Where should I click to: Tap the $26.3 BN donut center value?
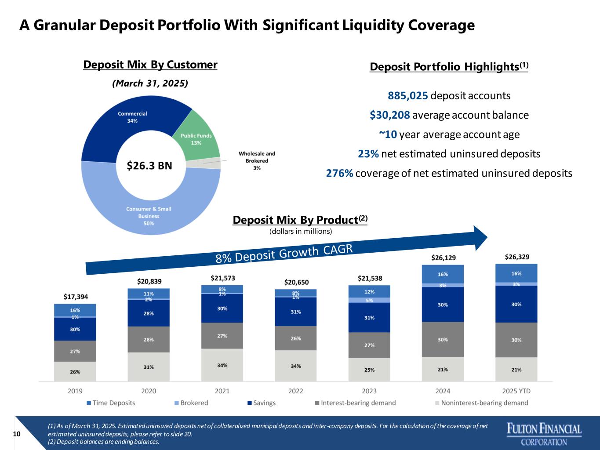click(149, 166)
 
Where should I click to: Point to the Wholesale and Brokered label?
click(257, 160)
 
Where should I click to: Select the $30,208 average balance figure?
click(390, 115)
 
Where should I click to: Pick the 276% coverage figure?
click(339, 173)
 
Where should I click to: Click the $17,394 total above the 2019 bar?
click(75, 297)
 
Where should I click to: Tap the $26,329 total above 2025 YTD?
click(516, 257)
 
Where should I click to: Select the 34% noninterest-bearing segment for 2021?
click(222, 365)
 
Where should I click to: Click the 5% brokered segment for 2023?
click(369, 301)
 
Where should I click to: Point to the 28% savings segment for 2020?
click(149, 313)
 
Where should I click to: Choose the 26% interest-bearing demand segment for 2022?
click(296, 338)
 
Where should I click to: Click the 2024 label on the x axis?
click(443, 391)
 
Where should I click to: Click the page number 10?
click(17, 434)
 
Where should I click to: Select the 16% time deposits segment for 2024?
click(443, 274)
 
